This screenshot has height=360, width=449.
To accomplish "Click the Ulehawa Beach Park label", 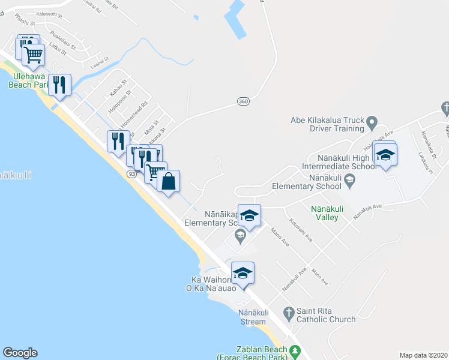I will (28, 81).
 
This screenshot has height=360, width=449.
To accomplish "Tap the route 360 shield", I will (243, 101).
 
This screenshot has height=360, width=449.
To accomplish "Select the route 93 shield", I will (131, 173).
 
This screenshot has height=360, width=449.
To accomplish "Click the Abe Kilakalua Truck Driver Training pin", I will (372, 125).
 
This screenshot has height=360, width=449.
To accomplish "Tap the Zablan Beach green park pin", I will (295, 350).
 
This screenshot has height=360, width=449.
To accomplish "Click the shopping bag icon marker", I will (169, 181).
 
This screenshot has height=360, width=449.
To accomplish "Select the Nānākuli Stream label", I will (252, 317).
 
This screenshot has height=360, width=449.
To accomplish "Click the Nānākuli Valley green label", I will (327, 212).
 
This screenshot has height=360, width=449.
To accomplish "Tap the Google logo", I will (20, 353).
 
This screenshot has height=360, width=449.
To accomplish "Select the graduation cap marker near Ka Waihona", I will (243, 273).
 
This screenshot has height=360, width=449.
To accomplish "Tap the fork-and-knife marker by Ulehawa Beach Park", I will (59, 85).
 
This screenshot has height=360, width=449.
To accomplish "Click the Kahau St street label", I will (119, 88).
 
